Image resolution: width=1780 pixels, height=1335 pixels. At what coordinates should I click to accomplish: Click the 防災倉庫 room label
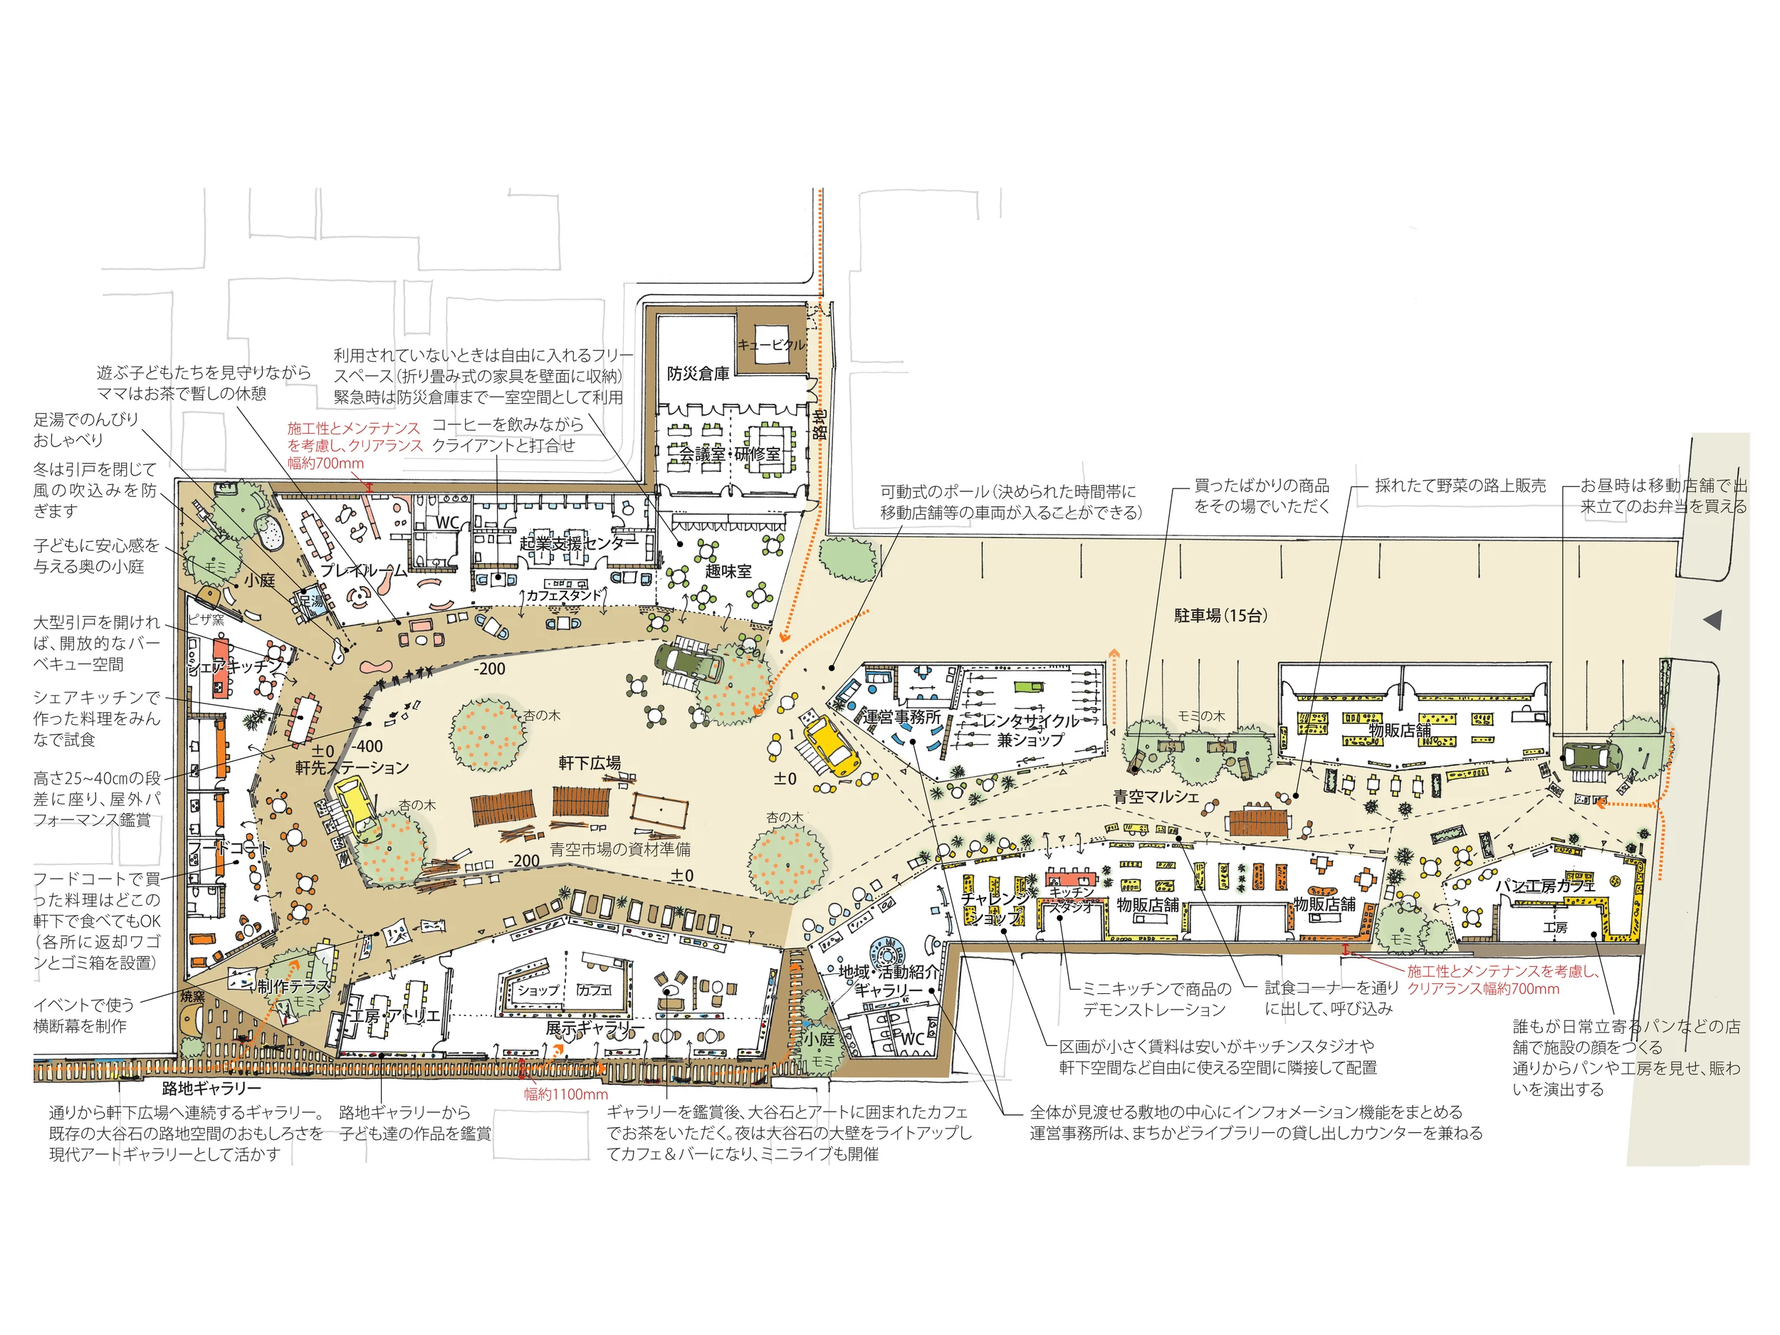click(698, 375)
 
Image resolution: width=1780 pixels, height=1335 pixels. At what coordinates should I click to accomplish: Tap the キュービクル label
click(771, 345)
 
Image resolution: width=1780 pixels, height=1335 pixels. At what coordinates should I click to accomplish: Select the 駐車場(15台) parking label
click(1221, 616)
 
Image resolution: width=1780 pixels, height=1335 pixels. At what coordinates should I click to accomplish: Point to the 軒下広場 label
click(590, 763)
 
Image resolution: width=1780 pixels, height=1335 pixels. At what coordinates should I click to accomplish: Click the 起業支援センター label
click(579, 543)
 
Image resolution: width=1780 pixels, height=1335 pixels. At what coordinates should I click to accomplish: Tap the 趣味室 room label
click(728, 571)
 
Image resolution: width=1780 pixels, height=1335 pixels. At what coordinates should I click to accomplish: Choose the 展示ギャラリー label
click(595, 1028)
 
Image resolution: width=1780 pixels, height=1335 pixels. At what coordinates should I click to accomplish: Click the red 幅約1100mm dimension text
click(566, 1094)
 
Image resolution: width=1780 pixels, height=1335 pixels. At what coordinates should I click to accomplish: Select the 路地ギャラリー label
click(211, 1089)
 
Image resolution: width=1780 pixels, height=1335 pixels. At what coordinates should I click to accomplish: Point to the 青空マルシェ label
click(1156, 797)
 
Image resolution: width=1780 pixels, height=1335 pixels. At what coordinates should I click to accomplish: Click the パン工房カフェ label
click(1544, 886)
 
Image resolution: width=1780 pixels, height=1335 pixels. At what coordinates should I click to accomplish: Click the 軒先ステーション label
click(352, 768)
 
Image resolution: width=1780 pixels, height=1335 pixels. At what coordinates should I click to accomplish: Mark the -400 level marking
click(368, 746)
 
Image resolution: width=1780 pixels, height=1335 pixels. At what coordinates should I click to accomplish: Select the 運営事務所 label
click(901, 717)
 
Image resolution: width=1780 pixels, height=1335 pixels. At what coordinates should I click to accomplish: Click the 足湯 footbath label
click(310, 600)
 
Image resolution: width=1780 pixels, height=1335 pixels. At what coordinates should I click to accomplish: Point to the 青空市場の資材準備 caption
click(619, 849)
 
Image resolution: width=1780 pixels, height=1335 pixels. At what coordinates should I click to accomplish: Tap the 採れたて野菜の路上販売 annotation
click(1460, 486)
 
